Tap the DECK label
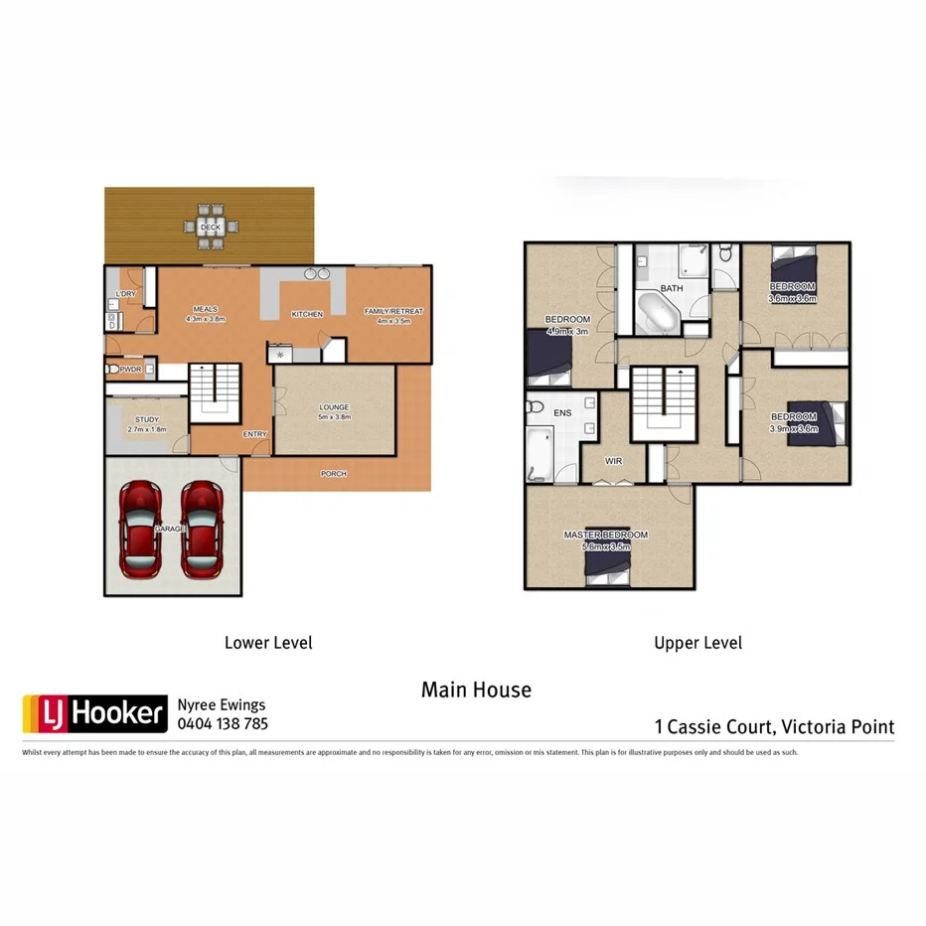(210, 227)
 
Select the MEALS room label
(206, 309)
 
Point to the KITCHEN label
(307, 314)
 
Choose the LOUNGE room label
(334, 407)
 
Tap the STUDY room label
(147, 420)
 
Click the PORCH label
(334, 474)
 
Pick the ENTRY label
(255, 434)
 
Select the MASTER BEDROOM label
(605, 535)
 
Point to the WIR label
(613, 460)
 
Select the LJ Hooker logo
(94, 712)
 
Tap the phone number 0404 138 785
(222, 724)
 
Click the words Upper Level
(697, 643)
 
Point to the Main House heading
(476, 690)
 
